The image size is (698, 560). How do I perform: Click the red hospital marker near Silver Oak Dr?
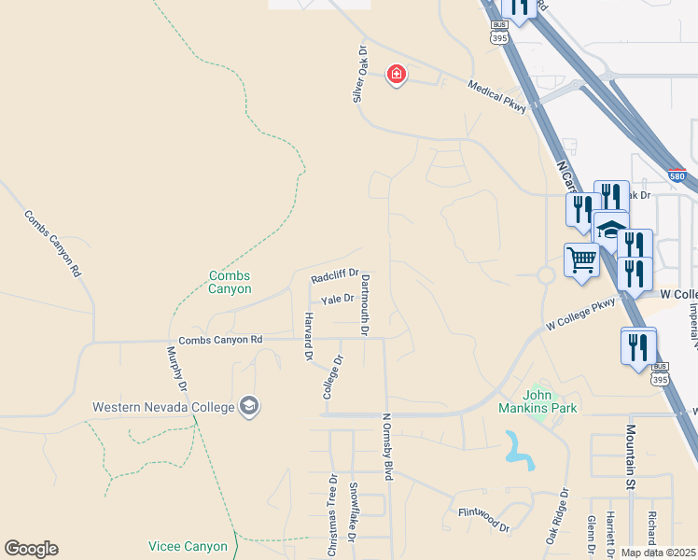click(x=397, y=75)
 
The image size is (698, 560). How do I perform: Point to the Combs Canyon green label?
click(x=230, y=282)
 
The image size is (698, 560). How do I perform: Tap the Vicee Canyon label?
click(x=188, y=546)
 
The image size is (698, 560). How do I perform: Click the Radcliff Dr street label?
click(x=335, y=277)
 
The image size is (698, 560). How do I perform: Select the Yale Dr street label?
click(x=337, y=300)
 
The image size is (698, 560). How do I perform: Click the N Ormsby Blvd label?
click(x=387, y=447)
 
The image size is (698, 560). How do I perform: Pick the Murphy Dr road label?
click(x=177, y=368)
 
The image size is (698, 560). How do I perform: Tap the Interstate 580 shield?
click(x=677, y=175)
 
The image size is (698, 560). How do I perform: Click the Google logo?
click(x=31, y=549)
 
